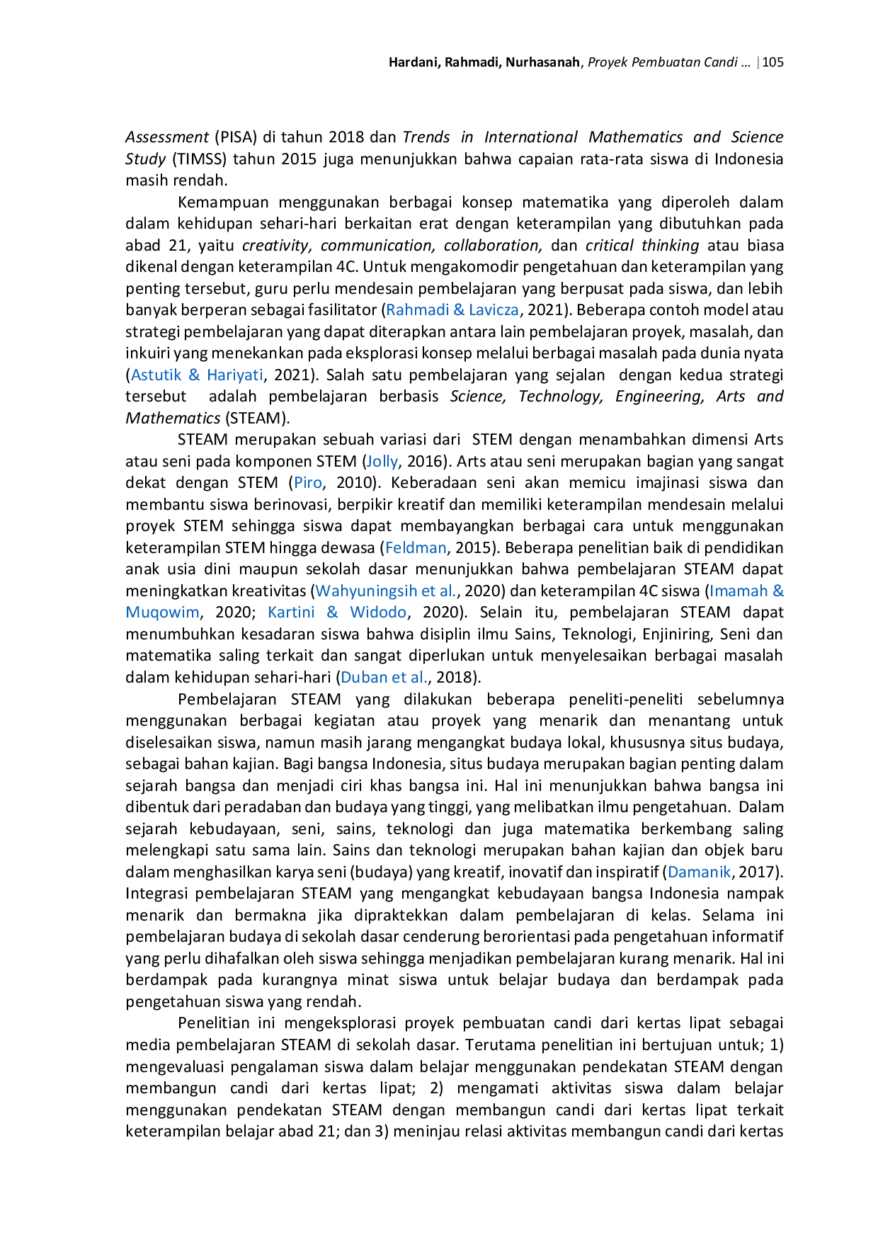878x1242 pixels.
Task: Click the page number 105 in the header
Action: click(x=772, y=62)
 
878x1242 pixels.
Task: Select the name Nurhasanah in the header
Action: click(x=542, y=62)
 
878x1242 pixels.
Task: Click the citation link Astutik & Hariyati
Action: click(x=197, y=375)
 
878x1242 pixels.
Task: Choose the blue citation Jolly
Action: click(x=382, y=462)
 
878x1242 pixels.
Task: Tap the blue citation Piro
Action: click(x=308, y=483)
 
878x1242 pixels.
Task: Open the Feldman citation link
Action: click(x=416, y=547)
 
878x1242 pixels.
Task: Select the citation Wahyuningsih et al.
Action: click(x=387, y=591)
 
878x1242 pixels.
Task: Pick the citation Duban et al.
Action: click(x=384, y=677)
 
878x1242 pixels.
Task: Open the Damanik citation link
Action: click(x=699, y=872)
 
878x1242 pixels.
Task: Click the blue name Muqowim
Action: click(x=162, y=613)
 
